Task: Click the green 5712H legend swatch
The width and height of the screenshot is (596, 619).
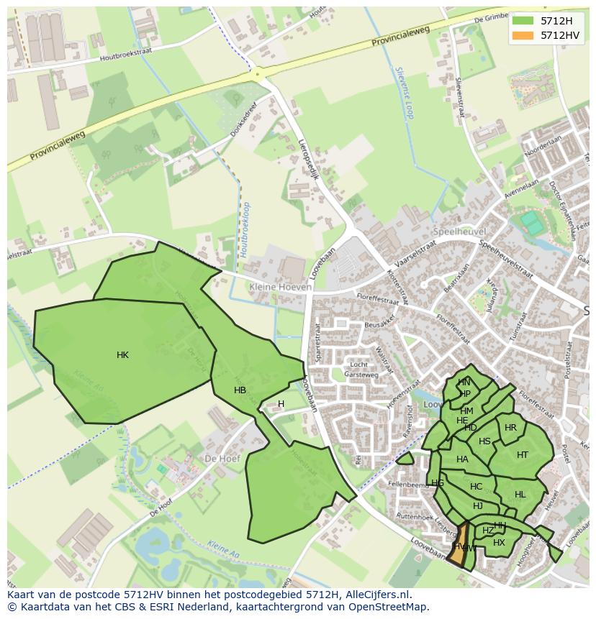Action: (x=523, y=20)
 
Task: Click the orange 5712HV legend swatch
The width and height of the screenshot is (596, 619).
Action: (x=523, y=35)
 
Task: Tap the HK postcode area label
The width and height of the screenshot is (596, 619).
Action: (x=122, y=355)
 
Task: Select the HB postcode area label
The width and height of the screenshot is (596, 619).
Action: (x=240, y=390)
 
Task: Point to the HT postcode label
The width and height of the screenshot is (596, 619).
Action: (x=523, y=454)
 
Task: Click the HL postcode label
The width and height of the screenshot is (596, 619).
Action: (x=520, y=495)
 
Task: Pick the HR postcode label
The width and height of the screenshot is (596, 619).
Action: (x=510, y=428)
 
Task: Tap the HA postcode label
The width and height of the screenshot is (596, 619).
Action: (x=462, y=459)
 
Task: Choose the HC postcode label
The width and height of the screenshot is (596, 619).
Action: (x=476, y=487)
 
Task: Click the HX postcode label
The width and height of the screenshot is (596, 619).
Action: (x=499, y=543)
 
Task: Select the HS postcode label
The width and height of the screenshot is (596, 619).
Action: (x=484, y=441)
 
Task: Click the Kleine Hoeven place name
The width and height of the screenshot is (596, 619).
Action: (x=281, y=287)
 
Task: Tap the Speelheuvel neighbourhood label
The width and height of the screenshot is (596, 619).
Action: (x=459, y=232)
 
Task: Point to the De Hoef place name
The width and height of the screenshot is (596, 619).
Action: (x=221, y=458)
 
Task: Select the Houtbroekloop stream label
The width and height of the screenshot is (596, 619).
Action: (x=245, y=229)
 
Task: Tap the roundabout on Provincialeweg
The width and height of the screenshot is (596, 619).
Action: (x=257, y=73)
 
